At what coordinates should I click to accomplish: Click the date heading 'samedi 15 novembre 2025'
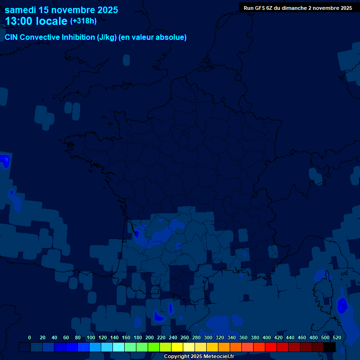61,10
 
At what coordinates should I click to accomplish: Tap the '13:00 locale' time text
36,21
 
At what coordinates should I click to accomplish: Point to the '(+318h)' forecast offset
83,21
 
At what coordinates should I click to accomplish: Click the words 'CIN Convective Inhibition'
50,37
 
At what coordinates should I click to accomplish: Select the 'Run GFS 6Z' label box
298,8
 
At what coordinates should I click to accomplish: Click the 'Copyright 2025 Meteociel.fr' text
199,356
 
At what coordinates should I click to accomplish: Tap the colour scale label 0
30,337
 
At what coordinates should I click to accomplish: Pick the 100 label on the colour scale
90,337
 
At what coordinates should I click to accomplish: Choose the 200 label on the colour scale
149,337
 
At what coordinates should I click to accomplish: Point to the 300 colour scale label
208,337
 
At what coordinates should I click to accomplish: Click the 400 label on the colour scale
266,337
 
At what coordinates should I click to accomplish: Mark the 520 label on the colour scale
337,337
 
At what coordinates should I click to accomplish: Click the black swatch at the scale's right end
330,347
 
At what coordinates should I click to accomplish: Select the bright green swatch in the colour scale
154,347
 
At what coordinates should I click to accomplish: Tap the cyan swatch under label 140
119,347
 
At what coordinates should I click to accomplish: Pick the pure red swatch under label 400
271,347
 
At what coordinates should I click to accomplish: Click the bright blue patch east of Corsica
342,306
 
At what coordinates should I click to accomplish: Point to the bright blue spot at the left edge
5,161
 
